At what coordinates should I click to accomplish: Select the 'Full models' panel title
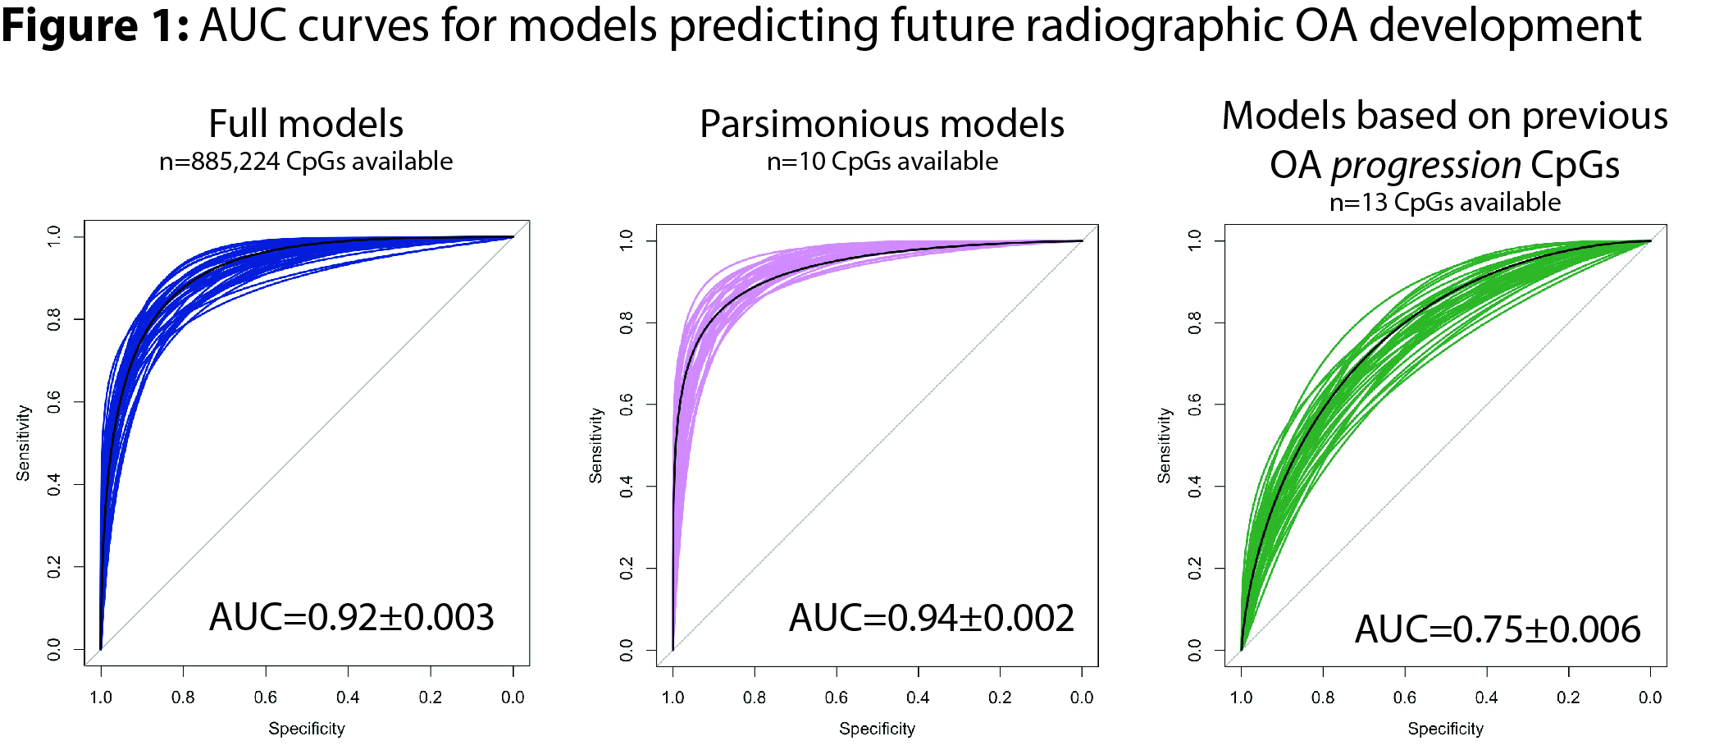[x=306, y=124]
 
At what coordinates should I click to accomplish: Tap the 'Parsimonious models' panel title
[x=882, y=124]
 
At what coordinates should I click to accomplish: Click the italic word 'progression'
[x=1425, y=166]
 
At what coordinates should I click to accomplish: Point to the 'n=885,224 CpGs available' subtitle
[x=306, y=161]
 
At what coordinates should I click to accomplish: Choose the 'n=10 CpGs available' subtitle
[x=882, y=161]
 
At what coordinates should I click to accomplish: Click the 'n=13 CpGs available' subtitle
[x=1445, y=202]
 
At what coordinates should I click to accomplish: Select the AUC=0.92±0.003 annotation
[x=352, y=617]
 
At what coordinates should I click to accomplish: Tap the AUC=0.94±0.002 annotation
[x=932, y=618]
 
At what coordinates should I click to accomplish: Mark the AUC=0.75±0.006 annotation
[x=1498, y=629]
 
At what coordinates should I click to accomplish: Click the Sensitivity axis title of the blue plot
[x=23, y=442]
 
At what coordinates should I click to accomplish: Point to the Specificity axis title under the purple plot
[x=877, y=729]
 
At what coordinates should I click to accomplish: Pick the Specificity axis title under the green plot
[x=1446, y=729]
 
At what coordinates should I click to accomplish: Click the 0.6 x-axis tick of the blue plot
[x=266, y=697]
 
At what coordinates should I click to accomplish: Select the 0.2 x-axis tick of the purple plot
[x=1000, y=697]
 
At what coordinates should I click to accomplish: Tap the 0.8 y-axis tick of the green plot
[x=1195, y=322]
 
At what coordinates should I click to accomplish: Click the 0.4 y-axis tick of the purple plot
[x=627, y=487]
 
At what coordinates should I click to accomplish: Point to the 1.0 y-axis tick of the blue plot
[x=54, y=237]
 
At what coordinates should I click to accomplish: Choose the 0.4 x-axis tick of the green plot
[x=1487, y=697]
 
